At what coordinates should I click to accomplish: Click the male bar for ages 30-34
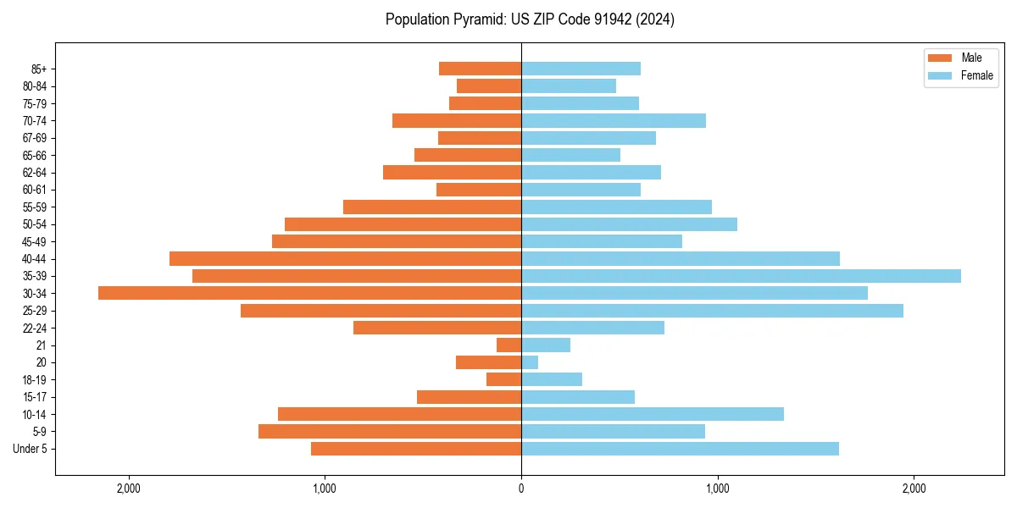click(309, 293)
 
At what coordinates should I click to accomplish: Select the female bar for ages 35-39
click(741, 276)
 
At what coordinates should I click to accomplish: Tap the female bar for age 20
click(530, 362)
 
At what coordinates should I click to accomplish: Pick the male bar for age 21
click(509, 345)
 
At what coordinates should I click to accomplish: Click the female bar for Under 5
click(680, 449)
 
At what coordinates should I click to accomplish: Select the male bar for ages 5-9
click(390, 431)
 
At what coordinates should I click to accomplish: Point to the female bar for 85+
click(581, 69)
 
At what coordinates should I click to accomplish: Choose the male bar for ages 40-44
click(345, 258)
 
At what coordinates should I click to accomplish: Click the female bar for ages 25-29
click(712, 311)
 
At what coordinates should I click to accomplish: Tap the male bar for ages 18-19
click(504, 379)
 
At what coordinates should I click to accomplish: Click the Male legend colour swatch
click(941, 58)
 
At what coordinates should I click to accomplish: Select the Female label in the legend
click(977, 75)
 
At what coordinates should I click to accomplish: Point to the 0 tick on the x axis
click(521, 489)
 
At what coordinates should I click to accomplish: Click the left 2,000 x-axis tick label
click(129, 489)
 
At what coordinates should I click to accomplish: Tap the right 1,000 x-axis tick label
click(717, 489)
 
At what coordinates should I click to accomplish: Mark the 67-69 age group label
click(35, 138)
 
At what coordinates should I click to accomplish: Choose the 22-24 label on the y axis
click(35, 328)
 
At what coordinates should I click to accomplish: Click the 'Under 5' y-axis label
click(31, 449)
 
